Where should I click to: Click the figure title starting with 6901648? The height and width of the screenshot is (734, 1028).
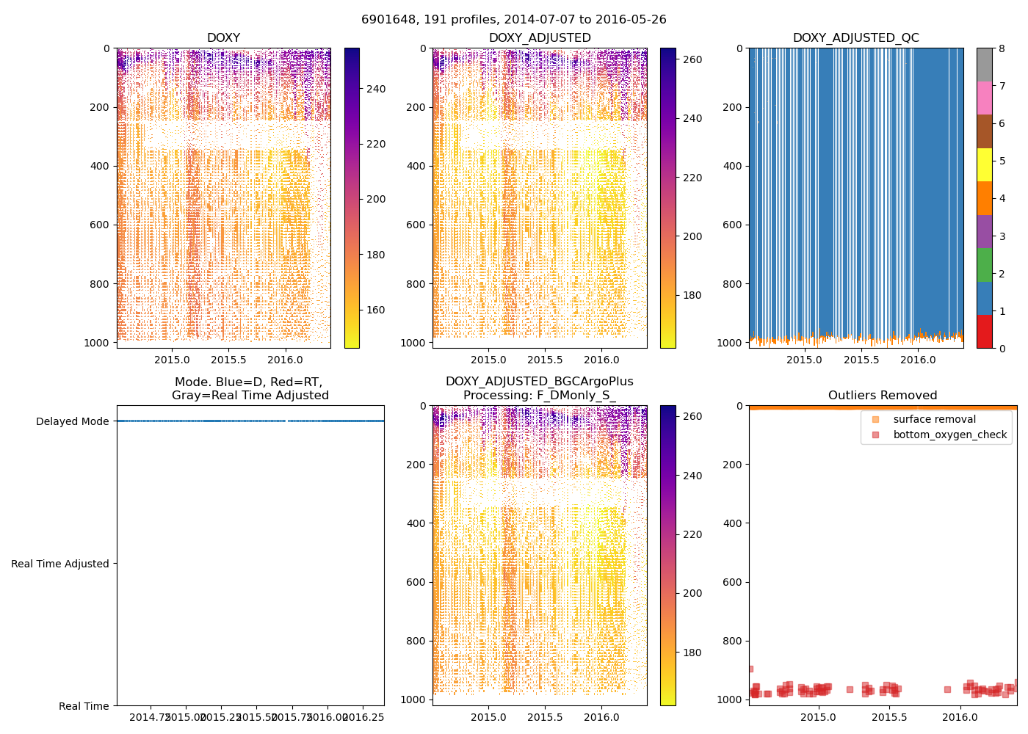[514, 20]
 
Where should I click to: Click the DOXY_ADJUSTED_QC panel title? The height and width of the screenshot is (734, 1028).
[855, 38]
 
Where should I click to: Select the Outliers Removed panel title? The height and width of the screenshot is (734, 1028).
[883, 396]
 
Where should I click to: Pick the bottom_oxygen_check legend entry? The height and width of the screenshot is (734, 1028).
[949, 435]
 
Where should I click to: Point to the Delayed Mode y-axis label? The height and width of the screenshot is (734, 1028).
[72, 421]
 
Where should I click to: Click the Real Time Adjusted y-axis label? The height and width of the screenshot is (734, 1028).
[60, 564]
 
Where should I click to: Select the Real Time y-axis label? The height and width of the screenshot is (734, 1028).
[84, 706]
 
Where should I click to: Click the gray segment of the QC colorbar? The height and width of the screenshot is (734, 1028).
[984, 65]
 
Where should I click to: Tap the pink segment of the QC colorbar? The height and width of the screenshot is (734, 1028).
[984, 98]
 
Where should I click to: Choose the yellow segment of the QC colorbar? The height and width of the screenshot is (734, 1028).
[984, 164]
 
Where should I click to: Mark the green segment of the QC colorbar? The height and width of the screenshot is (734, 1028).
[984, 264]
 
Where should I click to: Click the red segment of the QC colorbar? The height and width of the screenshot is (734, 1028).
[984, 331]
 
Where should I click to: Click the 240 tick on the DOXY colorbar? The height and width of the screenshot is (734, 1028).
[376, 90]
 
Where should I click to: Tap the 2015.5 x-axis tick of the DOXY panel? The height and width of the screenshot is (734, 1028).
[229, 360]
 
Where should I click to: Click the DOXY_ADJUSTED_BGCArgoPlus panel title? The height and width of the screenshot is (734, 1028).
[539, 388]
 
